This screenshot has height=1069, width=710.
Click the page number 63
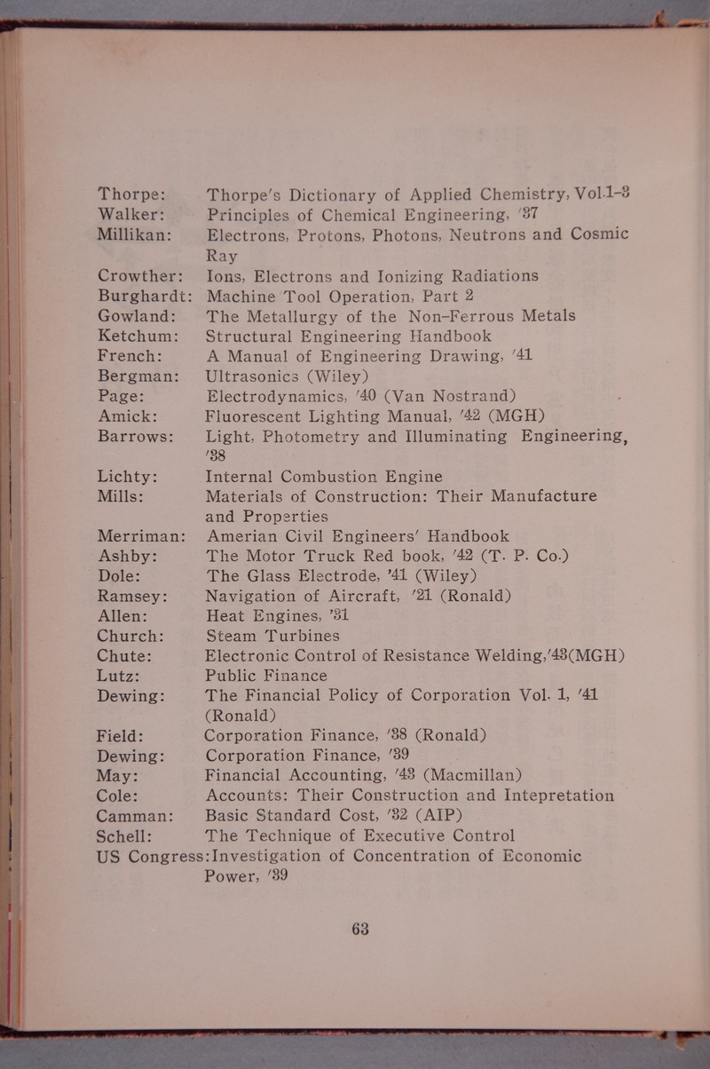360,930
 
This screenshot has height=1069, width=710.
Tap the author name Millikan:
140,234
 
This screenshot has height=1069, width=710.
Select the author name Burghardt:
146,296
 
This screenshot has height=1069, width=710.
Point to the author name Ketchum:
140,337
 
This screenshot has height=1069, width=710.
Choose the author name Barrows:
140,437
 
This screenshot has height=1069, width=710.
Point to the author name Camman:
139,815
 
